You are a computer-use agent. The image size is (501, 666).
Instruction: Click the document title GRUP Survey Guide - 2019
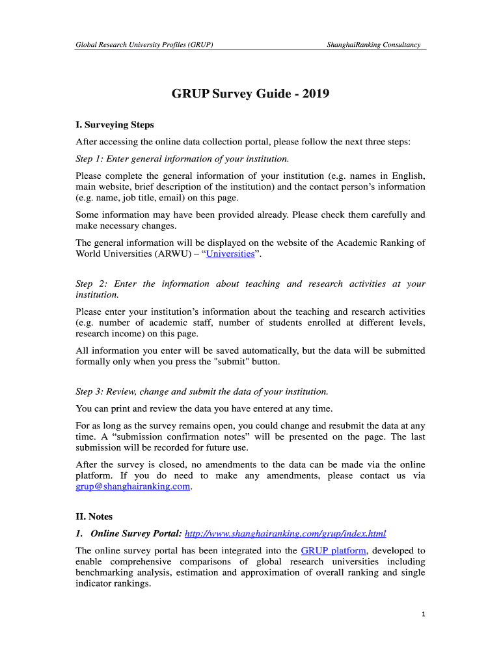click(x=251, y=94)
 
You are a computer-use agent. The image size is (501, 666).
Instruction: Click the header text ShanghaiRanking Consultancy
click(x=373, y=45)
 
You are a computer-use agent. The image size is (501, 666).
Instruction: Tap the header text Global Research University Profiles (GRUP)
click(x=144, y=45)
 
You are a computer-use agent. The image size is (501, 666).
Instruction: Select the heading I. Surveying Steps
click(x=115, y=125)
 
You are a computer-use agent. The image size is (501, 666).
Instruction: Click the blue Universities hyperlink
click(x=230, y=254)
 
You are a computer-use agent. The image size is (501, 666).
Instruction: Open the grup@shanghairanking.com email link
click(x=133, y=487)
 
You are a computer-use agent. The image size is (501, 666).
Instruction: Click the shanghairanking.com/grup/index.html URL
click(x=285, y=534)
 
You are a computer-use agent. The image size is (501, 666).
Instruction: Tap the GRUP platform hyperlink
click(x=333, y=550)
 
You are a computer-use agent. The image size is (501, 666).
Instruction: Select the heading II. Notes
click(x=94, y=517)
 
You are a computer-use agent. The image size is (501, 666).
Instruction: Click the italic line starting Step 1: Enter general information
click(x=182, y=159)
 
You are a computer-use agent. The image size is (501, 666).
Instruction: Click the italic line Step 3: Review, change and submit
click(x=202, y=392)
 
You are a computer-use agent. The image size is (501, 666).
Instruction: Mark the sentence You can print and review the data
click(x=204, y=408)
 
